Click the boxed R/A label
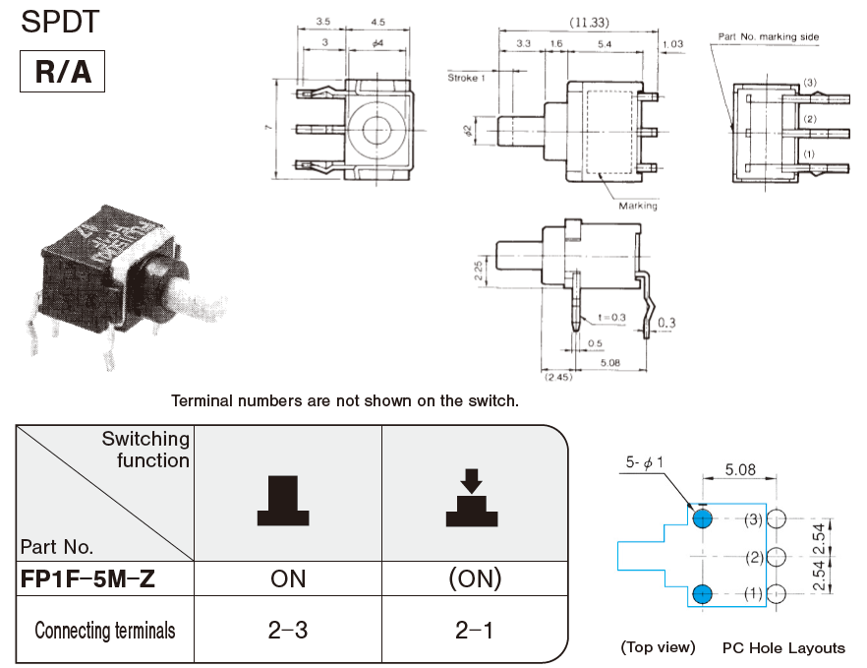(x=62, y=72)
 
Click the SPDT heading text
(x=60, y=23)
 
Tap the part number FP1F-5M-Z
(x=87, y=579)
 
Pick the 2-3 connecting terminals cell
(x=288, y=630)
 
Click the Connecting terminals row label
(x=105, y=630)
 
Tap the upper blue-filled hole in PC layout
(x=701, y=518)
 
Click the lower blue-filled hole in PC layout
(x=701, y=593)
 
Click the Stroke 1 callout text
(x=466, y=77)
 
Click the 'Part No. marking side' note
(x=768, y=36)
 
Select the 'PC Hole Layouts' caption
(x=783, y=647)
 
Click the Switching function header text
(x=146, y=450)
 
